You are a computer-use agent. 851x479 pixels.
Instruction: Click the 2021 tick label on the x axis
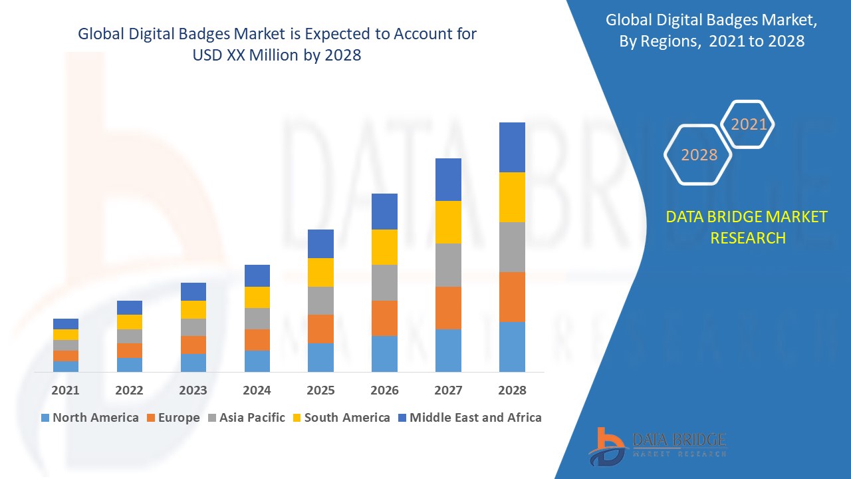click(x=65, y=391)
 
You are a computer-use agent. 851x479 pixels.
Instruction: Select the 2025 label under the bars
click(x=320, y=391)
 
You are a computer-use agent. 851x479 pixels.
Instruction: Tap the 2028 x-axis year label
click(x=512, y=391)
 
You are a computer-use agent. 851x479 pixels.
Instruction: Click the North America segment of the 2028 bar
click(x=512, y=347)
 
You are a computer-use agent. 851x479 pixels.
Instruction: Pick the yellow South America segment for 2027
click(x=448, y=222)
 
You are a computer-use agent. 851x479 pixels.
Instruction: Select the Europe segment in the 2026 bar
click(x=384, y=318)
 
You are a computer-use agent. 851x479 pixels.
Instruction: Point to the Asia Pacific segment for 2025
click(x=320, y=301)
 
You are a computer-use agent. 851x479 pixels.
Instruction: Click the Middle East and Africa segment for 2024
click(x=257, y=275)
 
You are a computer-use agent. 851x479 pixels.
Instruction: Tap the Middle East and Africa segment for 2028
click(x=512, y=147)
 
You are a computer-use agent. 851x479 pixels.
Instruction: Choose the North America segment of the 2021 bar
click(x=65, y=367)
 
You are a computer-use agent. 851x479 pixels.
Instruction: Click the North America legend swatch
click(x=45, y=418)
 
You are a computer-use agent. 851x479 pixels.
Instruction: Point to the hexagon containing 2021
click(x=749, y=124)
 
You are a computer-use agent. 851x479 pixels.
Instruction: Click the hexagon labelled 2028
click(x=699, y=155)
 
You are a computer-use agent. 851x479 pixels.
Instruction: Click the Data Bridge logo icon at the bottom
click(x=607, y=445)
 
